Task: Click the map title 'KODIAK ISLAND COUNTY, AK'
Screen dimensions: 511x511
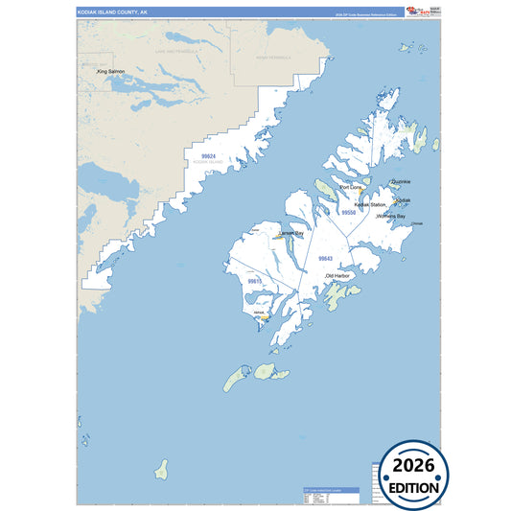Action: click(113, 12)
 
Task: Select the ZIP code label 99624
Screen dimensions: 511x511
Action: click(208, 155)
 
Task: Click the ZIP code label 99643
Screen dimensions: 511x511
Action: click(325, 259)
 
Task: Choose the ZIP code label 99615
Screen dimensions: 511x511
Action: click(254, 282)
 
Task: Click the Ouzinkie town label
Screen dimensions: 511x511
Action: click(402, 181)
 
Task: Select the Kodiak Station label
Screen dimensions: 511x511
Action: click(370, 205)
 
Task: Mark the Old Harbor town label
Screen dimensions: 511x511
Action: click(338, 276)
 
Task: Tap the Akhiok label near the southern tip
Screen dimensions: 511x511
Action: click(259, 313)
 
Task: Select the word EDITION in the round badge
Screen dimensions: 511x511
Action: click(414, 487)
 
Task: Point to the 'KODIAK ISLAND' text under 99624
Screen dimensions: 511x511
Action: click(208, 163)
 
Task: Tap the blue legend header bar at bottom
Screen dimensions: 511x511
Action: click(325, 490)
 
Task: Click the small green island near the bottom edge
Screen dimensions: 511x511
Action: click(162, 469)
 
